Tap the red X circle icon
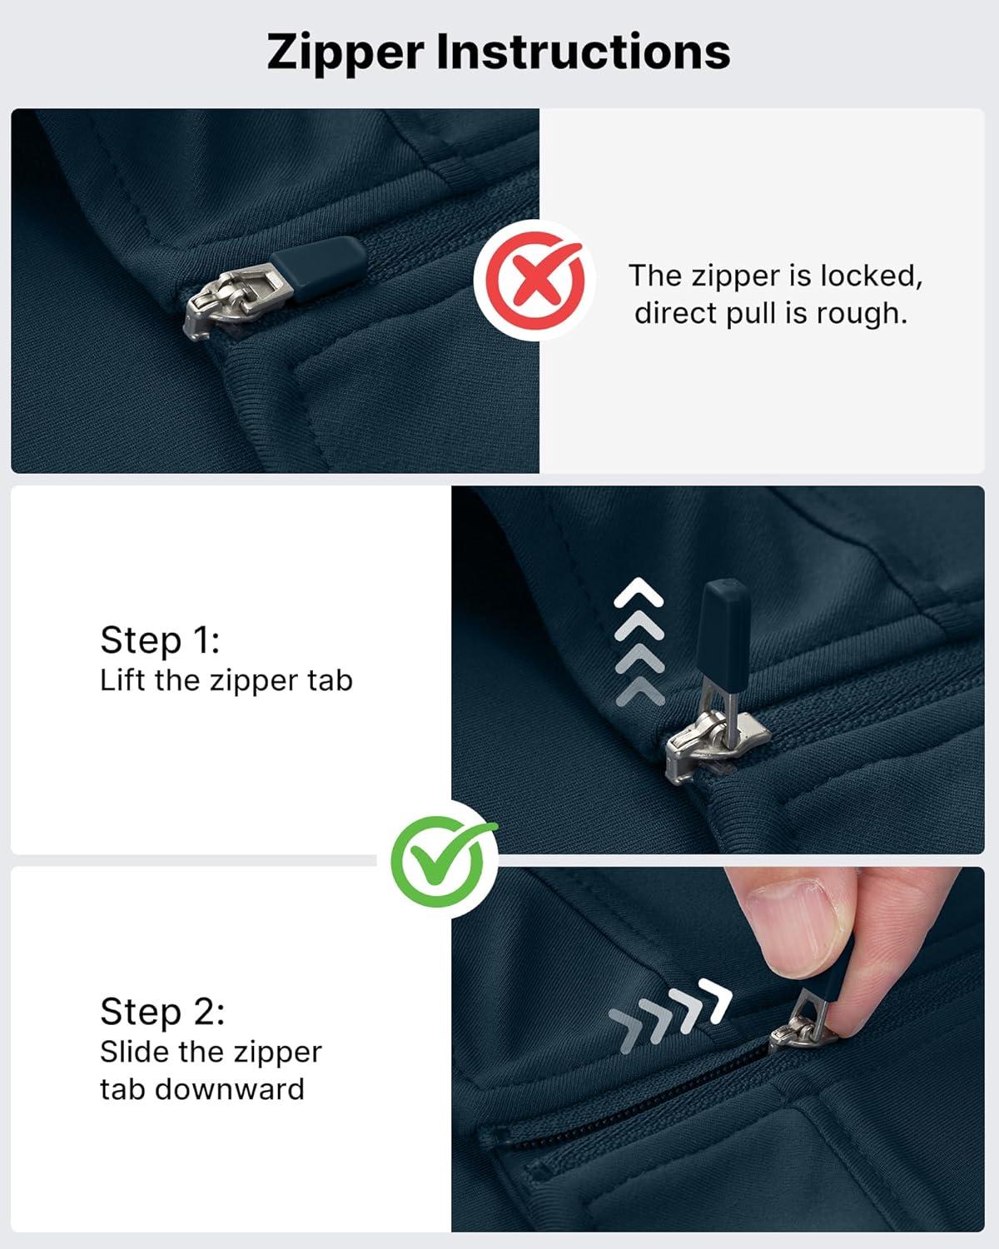pyautogui.click(x=535, y=281)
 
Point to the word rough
pyautogui.click(x=862, y=313)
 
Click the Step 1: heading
pyautogui.click(x=160, y=640)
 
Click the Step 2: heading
pyautogui.click(x=162, y=1012)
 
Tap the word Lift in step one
pyautogui.click(x=122, y=680)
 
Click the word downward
pyautogui.click(x=229, y=1089)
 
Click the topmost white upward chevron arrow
pyautogui.click(x=639, y=592)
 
